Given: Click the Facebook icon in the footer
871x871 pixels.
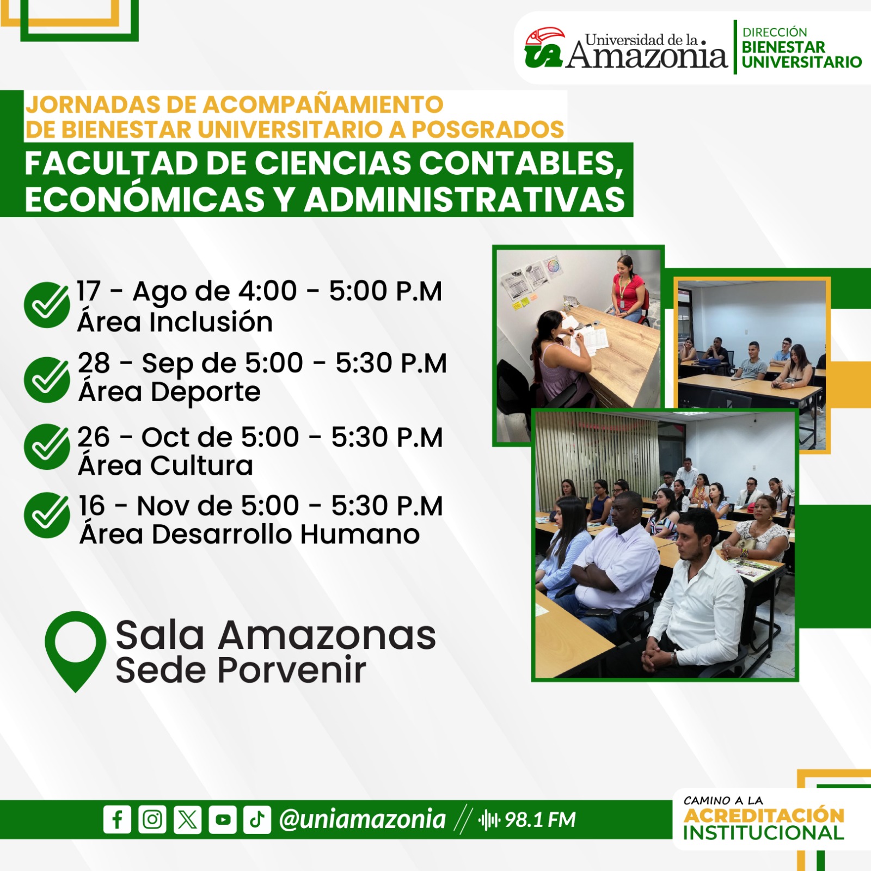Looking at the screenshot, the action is tap(117, 819).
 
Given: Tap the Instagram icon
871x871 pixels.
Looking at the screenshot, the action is tap(152, 819).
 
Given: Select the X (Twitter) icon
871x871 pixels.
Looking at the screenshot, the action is tap(187, 819).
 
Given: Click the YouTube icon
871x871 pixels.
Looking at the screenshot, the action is tap(223, 819).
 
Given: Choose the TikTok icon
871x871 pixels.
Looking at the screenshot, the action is tap(257, 819).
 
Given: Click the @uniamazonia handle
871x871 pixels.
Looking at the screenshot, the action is tap(362, 819).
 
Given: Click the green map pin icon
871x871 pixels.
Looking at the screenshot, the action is tap(75, 648).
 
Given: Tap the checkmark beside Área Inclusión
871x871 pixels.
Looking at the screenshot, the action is tap(47, 305).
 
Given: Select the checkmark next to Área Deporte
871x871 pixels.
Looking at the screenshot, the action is tap(47, 379).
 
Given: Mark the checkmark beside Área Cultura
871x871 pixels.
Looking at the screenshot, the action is tap(47, 446).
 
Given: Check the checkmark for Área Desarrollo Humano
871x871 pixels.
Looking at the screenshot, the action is tap(47, 515).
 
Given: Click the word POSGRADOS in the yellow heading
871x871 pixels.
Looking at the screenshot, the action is tap(488, 130).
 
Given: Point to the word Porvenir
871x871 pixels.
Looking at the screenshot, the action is tap(292, 670).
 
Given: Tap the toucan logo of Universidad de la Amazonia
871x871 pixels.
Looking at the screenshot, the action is tap(544, 48).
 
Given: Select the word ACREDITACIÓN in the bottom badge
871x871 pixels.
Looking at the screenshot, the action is tap(764, 815).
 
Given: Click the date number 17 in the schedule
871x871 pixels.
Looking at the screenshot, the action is tap(89, 291).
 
